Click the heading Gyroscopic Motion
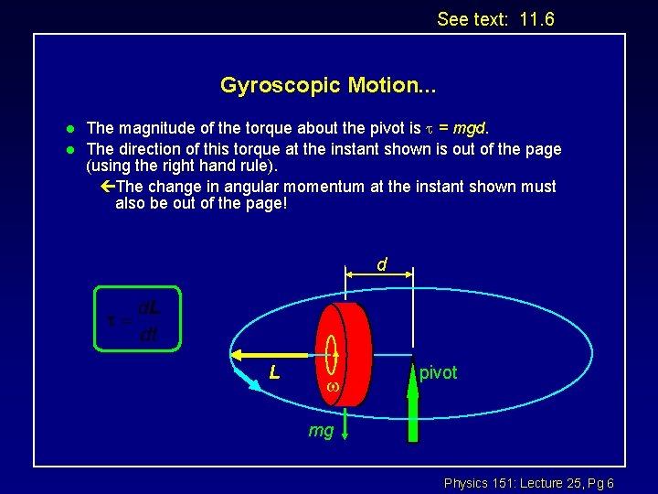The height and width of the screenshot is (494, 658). click(328, 86)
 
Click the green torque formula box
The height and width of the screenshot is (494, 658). click(139, 318)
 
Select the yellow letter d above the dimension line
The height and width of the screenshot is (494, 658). click(382, 264)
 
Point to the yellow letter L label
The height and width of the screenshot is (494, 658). click(274, 372)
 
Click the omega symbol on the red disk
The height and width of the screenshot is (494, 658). click(334, 388)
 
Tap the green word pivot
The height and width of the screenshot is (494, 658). click(439, 372)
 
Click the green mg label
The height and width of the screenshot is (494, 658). click(321, 430)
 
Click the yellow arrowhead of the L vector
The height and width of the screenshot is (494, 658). click(239, 356)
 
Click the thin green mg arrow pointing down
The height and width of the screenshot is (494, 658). click(336, 416)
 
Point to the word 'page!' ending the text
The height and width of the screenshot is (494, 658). click(267, 204)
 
